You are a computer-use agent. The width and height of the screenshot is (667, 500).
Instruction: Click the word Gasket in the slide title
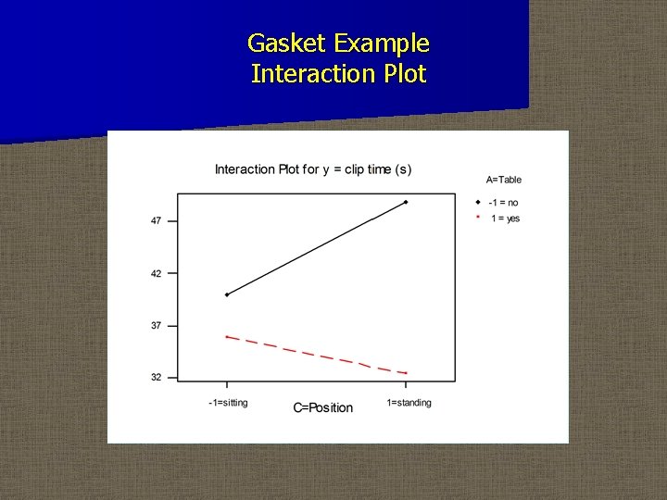coord(287,44)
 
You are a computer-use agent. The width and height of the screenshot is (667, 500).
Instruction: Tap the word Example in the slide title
coord(382,44)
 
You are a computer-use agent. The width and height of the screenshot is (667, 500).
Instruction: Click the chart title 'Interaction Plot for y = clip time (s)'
coord(313,169)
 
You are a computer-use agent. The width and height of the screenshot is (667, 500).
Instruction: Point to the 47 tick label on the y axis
coord(156,220)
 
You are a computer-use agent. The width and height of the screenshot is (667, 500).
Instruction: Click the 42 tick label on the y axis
coord(156,273)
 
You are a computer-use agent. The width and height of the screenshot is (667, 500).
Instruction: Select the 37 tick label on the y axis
coord(156,325)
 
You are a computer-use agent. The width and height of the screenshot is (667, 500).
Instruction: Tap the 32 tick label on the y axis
coord(156,377)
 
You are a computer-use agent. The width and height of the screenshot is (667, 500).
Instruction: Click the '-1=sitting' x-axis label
coord(228,403)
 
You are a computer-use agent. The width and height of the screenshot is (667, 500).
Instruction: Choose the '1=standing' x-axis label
coord(409,403)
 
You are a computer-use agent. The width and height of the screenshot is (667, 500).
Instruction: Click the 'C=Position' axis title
coord(323,407)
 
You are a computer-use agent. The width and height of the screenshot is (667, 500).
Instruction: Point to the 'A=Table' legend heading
coord(503,180)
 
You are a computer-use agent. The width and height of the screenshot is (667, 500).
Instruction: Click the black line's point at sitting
coord(227,294)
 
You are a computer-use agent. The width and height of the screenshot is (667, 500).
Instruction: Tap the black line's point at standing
coord(406,202)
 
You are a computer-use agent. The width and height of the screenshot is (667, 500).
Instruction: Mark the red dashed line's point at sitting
coord(227,336)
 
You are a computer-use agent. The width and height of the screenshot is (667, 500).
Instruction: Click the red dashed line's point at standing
coord(406,373)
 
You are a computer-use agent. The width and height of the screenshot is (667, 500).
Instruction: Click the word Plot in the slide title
coord(404,74)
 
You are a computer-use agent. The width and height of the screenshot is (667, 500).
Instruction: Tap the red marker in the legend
coord(477,218)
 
